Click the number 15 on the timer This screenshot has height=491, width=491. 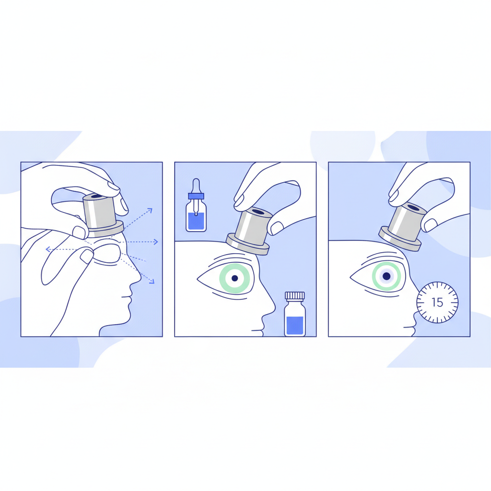pyautogui.click(x=437, y=302)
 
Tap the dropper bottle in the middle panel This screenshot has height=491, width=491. pyautogui.click(x=196, y=205)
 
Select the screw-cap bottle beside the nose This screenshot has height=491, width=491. pyautogui.click(x=295, y=314)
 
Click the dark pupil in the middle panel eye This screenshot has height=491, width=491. pyautogui.click(x=234, y=278)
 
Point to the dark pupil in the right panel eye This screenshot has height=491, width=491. pyautogui.click(x=386, y=276)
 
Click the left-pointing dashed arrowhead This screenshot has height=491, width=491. pyautogui.click(x=48, y=249)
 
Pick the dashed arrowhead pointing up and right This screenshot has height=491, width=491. pyautogui.click(x=150, y=210)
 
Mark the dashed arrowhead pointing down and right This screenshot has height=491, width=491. pyautogui.click(x=152, y=281)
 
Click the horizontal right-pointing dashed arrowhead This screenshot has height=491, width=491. pyautogui.click(x=156, y=242)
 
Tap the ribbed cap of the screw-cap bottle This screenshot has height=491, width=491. pyautogui.click(x=295, y=295)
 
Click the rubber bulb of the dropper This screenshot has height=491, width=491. pyautogui.click(x=196, y=186)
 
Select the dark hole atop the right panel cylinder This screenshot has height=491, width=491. pyautogui.click(x=413, y=207)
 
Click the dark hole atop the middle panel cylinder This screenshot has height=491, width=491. pyautogui.click(x=258, y=212)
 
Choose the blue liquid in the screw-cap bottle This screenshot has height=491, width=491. pyautogui.click(x=295, y=326)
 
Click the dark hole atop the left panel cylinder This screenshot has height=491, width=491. pyautogui.click(x=97, y=196)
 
